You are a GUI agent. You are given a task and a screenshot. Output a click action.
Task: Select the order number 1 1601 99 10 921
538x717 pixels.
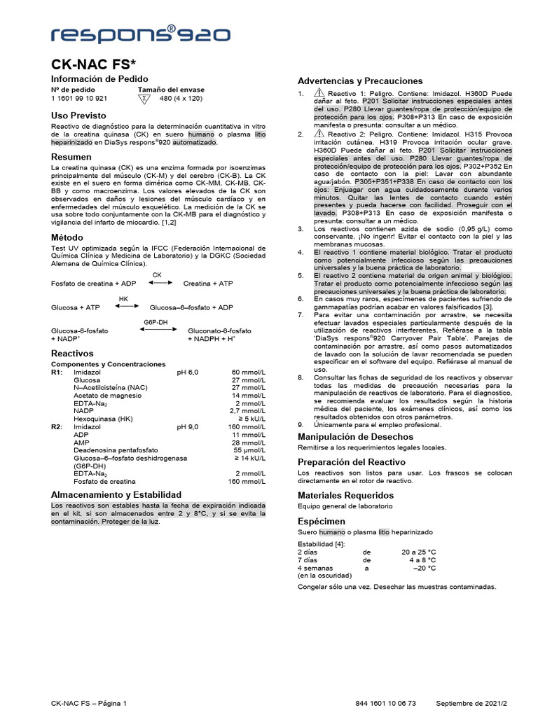pyautogui.click(x=79, y=99)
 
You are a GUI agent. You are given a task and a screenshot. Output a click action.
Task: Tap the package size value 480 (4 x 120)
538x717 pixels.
pyautogui.click(x=180, y=99)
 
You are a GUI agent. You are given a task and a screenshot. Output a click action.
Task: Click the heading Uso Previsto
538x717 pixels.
pyautogui.click(x=79, y=115)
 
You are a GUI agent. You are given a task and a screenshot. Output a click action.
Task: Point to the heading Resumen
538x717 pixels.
pyautogui.click(x=71, y=158)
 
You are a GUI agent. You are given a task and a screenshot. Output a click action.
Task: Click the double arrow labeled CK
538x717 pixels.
pyautogui.click(x=160, y=283)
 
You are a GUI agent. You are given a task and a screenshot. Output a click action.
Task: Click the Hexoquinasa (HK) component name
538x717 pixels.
pyautogui.click(x=103, y=418)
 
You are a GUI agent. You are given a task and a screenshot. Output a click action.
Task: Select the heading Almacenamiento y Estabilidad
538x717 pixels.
pyautogui.click(x=116, y=494)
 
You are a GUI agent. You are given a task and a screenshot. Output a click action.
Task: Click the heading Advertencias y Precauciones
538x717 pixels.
pyautogui.click(x=360, y=81)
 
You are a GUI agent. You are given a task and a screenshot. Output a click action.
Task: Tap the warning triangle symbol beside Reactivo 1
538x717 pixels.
pyautogui.click(x=319, y=93)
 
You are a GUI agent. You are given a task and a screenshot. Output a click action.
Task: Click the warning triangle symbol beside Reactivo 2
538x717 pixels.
pyautogui.click(x=319, y=134)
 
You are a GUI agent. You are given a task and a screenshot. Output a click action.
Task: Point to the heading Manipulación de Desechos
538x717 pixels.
pyautogui.click(x=356, y=436)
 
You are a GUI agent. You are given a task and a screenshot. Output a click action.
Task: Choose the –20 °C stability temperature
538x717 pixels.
pyautogui.click(x=424, y=569)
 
